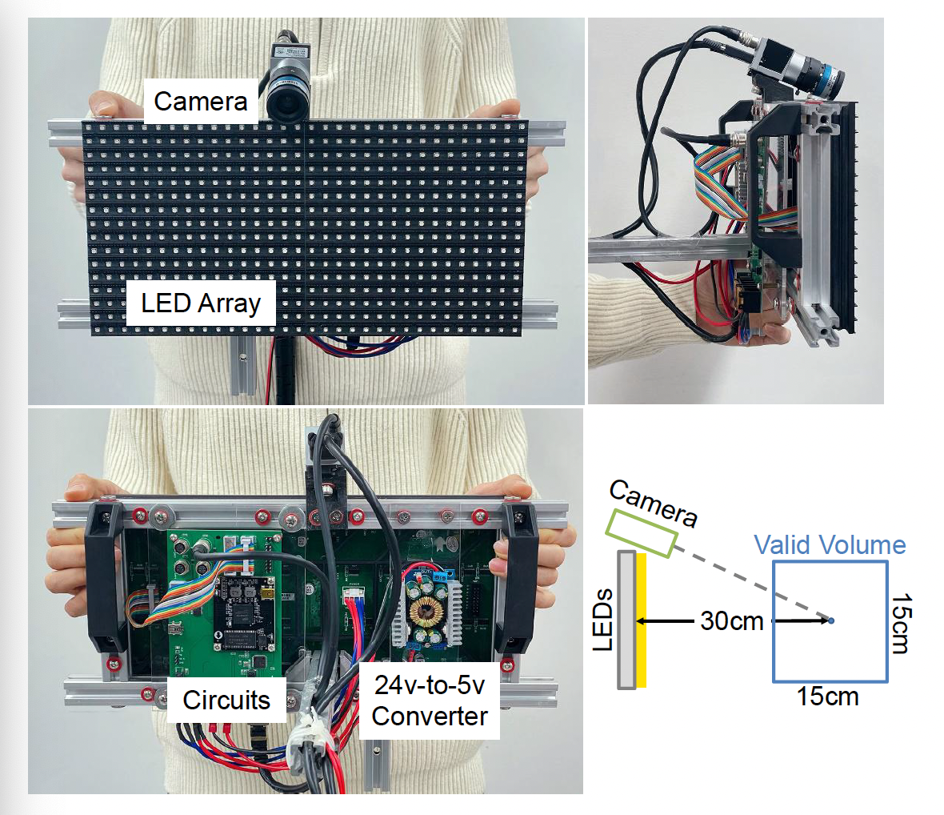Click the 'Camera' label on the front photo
click(x=200, y=101)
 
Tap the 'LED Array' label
click(x=201, y=303)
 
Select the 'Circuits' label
click(x=226, y=700)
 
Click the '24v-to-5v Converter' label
click(x=429, y=701)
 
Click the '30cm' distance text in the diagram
click(x=731, y=620)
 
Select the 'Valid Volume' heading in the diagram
click(x=830, y=545)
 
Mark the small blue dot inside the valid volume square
click(x=831, y=620)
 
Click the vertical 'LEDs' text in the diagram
click(x=604, y=620)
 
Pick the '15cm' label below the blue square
click(x=828, y=697)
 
